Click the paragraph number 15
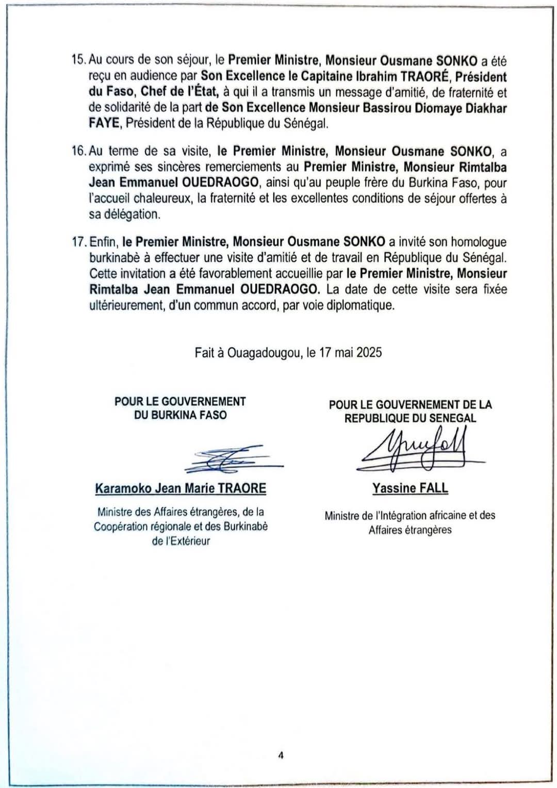coord(79,61)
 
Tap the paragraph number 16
coord(79,151)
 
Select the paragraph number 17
coord(79,242)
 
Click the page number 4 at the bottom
coord(281,756)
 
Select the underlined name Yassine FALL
coord(410,488)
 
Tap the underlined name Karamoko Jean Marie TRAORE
coord(181,488)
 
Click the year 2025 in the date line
coord(369,352)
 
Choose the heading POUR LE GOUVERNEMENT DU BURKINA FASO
coord(180,408)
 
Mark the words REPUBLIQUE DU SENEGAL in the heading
coord(410,418)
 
